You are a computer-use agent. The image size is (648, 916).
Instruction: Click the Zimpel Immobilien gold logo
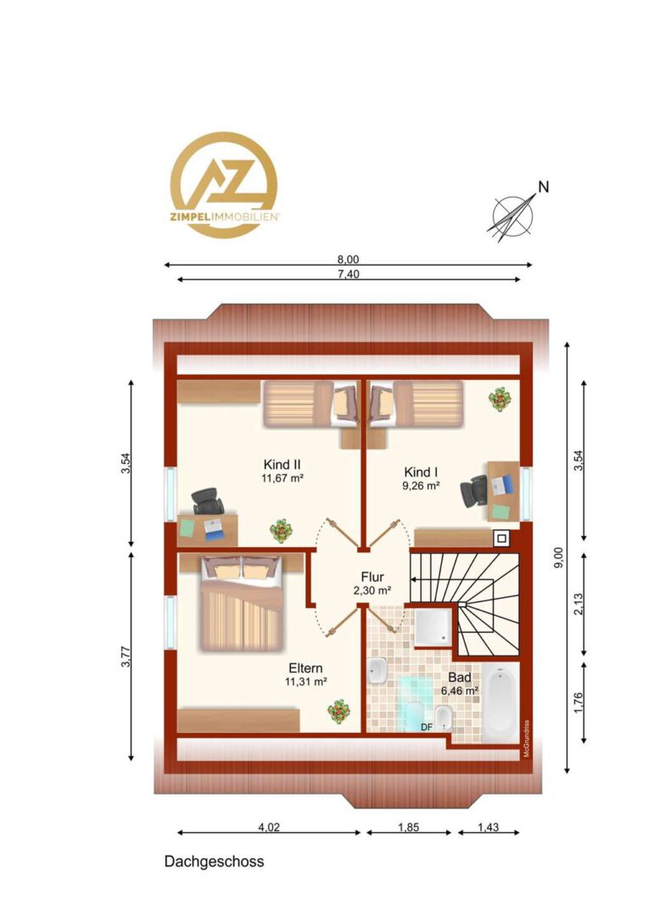[224, 185]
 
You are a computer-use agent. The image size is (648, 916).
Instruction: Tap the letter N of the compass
[544, 187]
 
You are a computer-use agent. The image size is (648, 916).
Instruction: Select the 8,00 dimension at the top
[349, 260]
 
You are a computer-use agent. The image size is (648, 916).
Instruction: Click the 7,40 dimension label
[349, 273]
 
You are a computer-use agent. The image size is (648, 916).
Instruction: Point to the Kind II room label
[282, 465]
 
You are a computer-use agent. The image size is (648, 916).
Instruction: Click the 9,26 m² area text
[421, 485]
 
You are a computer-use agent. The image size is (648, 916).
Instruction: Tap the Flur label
[372, 578]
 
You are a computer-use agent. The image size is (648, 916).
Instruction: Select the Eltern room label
[305, 668]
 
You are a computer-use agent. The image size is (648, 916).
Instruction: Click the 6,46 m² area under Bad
[460, 690]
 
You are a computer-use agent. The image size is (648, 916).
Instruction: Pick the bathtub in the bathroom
[500, 703]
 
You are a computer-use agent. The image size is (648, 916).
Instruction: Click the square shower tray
[433, 628]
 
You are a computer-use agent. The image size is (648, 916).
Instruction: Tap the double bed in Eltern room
[242, 603]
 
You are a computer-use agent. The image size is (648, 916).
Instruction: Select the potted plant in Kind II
[281, 530]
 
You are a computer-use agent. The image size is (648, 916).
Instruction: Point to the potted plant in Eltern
[339, 712]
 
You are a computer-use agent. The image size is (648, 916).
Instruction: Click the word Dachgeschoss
[214, 862]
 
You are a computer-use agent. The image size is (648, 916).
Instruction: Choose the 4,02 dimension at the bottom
[269, 827]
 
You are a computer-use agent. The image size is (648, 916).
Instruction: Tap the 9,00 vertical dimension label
[559, 556]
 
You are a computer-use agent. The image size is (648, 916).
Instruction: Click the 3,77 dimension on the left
[125, 656]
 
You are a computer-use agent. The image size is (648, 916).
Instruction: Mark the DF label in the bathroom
[427, 727]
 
